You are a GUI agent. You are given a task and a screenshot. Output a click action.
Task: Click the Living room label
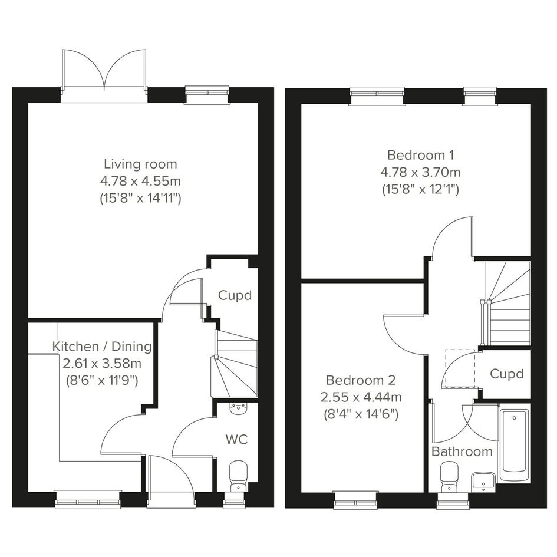click(140, 164)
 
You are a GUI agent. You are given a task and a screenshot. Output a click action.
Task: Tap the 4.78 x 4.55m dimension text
click(140, 181)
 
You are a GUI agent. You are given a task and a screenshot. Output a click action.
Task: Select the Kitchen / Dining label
click(102, 347)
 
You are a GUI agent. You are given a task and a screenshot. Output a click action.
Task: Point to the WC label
click(236, 440)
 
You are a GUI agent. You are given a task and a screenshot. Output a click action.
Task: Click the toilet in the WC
click(238, 476)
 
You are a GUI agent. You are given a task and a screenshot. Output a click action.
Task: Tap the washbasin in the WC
click(238, 408)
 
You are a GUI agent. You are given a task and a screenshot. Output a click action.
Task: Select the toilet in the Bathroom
click(449, 477)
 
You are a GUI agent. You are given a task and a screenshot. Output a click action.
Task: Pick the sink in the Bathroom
click(483, 482)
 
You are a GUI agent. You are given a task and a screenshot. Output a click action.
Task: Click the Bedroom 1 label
click(421, 155)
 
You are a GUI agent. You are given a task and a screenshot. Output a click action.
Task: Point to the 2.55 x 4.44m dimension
click(361, 397)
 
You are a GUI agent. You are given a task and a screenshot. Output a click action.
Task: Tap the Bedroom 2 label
click(361, 380)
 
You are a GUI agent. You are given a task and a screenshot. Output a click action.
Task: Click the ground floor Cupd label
click(235, 295)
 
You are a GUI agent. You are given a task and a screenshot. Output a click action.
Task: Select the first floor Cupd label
click(506, 374)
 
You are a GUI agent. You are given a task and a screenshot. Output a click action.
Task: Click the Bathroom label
click(462, 452)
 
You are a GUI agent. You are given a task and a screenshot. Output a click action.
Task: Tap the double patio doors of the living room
click(104, 76)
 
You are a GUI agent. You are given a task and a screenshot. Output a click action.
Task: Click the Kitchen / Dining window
click(88, 499)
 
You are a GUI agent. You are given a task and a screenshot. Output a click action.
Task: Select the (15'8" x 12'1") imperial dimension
click(421, 189)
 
